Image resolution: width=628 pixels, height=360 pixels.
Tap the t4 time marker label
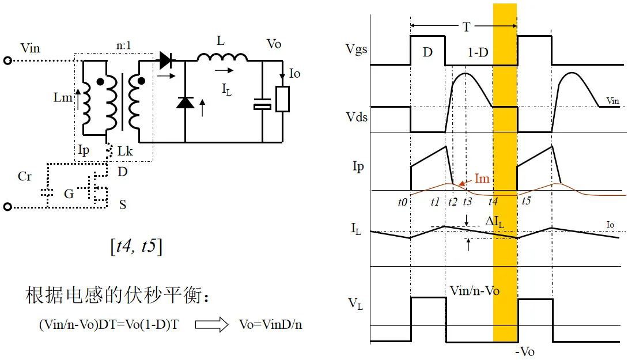(494, 202)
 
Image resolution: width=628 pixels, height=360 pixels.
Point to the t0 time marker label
(403, 202)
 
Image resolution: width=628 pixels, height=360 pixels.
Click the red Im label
(482, 179)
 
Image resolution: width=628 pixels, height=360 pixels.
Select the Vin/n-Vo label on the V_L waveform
(472, 291)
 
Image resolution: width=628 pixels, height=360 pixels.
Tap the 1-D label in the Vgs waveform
(478, 52)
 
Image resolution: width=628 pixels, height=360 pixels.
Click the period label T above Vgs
(466, 26)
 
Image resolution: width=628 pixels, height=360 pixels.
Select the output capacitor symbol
(262, 105)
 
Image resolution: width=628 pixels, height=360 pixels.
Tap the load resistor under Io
(282, 99)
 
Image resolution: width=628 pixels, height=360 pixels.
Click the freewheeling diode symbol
(185, 103)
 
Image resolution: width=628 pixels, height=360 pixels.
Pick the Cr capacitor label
(25, 176)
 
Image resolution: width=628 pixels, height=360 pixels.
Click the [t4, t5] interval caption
(136, 246)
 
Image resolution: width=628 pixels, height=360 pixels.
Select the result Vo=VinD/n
(270, 324)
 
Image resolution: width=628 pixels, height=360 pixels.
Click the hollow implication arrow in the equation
(211, 325)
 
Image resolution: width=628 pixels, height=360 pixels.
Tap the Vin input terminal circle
(7, 60)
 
